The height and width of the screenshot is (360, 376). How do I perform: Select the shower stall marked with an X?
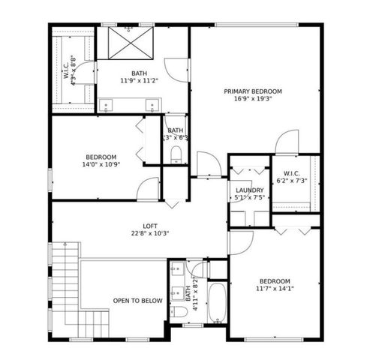click(128, 43)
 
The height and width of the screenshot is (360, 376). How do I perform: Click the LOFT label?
click(150, 226)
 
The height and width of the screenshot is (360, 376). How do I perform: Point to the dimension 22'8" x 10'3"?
click(150, 233)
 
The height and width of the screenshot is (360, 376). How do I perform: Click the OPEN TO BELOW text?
click(137, 301)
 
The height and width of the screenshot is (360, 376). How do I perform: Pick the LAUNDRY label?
click(249, 190)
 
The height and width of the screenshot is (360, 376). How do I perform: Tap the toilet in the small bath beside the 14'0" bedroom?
click(176, 155)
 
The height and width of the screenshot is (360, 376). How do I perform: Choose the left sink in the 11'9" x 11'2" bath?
click(107, 105)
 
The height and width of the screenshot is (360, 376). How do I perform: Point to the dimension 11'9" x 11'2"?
click(139, 80)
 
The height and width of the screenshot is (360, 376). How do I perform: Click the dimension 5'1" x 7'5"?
click(249, 198)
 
